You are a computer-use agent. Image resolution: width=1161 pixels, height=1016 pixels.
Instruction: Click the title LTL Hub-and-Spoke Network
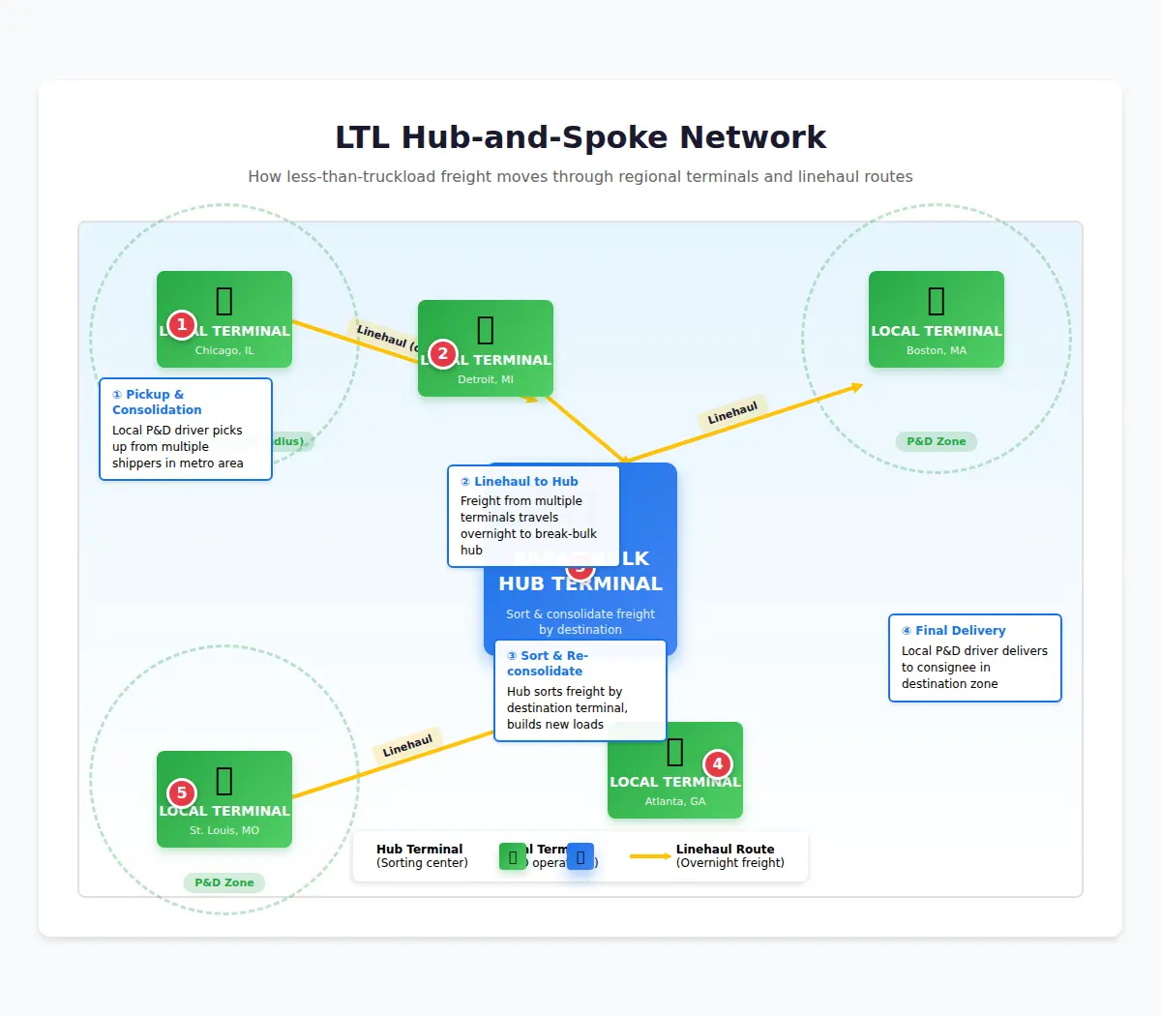click(x=580, y=137)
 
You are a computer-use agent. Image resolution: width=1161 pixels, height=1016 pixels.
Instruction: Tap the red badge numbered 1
click(x=181, y=325)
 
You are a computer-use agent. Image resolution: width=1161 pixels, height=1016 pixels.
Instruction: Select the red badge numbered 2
click(x=442, y=354)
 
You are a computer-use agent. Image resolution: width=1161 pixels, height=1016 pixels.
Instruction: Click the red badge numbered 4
click(x=717, y=764)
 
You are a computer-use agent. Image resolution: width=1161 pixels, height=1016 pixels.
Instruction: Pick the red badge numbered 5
click(x=181, y=793)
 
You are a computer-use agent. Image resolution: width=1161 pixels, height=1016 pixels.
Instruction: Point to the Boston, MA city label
click(x=936, y=350)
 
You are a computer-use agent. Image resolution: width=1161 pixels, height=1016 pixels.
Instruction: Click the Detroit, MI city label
click(x=485, y=379)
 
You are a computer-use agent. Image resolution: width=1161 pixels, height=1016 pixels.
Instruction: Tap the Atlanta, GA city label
click(x=674, y=801)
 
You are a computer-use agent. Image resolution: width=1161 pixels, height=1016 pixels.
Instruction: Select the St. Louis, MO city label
click(x=223, y=830)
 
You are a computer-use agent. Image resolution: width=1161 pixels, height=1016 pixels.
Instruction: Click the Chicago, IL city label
click(x=223, y=350)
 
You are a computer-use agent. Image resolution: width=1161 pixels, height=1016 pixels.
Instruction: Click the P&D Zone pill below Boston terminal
click(x=936, y=441)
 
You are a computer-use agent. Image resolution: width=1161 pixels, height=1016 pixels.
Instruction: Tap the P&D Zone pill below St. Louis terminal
click(x=223, y=882)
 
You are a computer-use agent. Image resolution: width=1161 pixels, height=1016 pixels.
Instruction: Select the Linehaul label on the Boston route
click(x=732, y=414)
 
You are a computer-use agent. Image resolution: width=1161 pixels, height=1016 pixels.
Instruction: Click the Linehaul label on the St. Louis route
click(x=407, y=746)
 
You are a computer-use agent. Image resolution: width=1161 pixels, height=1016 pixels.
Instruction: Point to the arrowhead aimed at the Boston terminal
click(x=856, y=387)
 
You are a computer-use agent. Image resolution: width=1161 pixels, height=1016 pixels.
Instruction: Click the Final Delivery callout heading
click(x=960, y=631)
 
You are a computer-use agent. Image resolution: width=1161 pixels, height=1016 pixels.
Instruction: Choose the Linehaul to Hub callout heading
click(x=525, y=482)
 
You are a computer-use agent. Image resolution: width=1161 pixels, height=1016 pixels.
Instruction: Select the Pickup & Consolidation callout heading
click(x=156, y=402)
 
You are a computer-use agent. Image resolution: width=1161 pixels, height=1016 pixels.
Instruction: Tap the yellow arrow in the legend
click(x=650, y=856)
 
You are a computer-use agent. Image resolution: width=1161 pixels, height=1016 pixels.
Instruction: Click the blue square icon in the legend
click(x=580, y=856)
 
